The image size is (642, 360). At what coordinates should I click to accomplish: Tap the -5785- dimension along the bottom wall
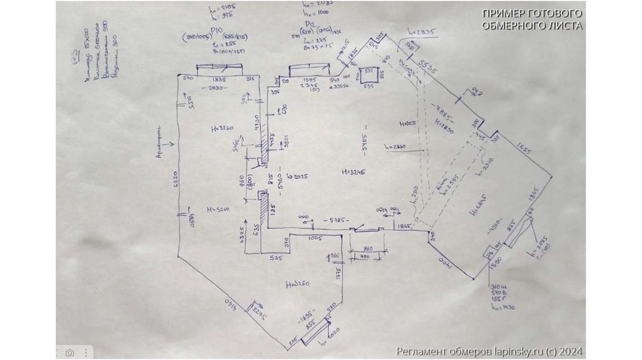coord(336,220)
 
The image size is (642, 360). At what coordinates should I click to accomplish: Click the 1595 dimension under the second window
coord(310,80)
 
